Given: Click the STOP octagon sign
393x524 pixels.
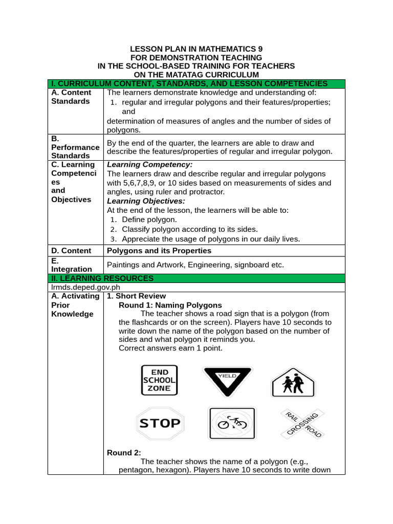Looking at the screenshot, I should point(160,423).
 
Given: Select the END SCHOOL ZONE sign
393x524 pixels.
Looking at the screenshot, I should point(159,380).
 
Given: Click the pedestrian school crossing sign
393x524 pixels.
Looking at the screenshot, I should point(293,382).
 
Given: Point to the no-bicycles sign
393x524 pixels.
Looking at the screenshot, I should point(232,423).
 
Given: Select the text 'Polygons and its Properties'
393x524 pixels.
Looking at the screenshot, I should point(159,251).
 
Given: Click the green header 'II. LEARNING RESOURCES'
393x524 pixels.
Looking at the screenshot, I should point(102,278).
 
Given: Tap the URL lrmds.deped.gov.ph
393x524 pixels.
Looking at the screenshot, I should point(82,288).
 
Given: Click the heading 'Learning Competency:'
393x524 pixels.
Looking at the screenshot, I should point(149,165).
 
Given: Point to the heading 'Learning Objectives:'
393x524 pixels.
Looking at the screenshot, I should point(146,201).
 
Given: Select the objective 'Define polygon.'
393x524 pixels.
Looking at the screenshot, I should point(149,220).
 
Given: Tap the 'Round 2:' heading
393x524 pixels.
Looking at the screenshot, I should point(124,452).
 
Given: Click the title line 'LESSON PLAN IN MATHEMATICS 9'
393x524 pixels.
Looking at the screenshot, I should point(196,49).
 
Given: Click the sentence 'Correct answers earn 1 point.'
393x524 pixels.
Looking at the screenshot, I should point(170,348).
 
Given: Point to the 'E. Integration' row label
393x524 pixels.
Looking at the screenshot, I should point(72,265).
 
